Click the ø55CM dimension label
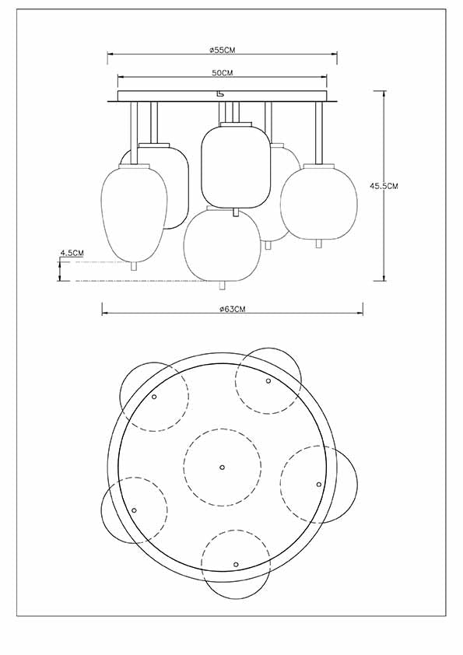click(x=223, y=49)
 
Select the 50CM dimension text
click(x=223, y=72)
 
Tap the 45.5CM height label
click(x=384, y=186)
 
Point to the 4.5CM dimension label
click(x=72, y=253)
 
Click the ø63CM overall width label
click(x=232, y=309)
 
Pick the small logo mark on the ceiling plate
click(x=221, y=95)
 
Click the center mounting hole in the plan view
click(x=222, y=467)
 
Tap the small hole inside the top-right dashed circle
click(x=268, y=381)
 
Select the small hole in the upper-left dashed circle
click(x=154, y=397)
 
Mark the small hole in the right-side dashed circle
click(x=318, y=484)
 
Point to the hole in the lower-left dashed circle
click(x=134, y=510)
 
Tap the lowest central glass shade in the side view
click(x=222, y=245)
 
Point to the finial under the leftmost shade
click(x=134, y=266)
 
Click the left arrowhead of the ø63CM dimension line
click(x=104, y=314)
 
